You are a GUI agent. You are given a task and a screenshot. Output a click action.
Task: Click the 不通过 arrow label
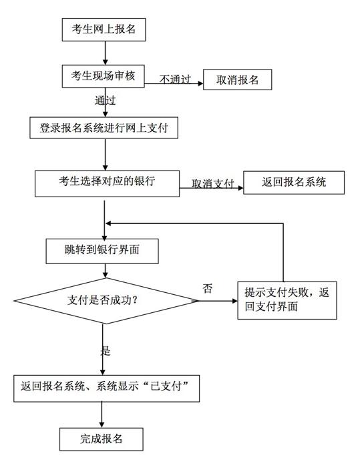[176, 79]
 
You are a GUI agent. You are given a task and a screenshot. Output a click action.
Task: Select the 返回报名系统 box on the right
[294, 183]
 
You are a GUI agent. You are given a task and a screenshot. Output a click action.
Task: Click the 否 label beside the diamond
[208, 287]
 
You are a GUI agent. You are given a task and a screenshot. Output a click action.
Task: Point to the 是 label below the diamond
[106, 350]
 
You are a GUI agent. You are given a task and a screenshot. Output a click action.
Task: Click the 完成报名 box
[101, 439]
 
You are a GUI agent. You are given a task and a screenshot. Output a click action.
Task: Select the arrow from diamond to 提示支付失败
[218, 301]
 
